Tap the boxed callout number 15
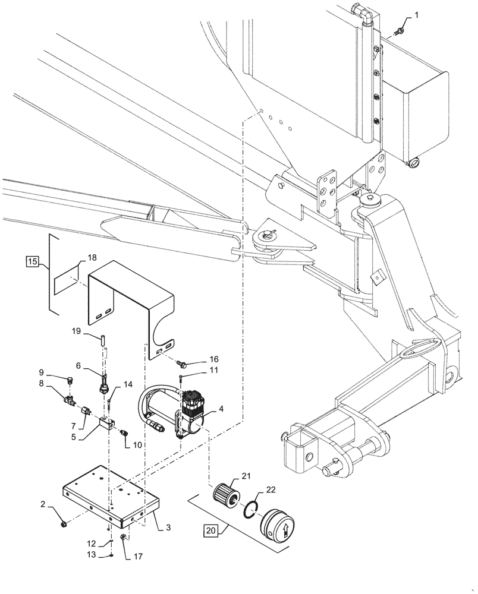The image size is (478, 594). (33, 262)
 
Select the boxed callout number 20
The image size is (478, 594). (212, 529)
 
